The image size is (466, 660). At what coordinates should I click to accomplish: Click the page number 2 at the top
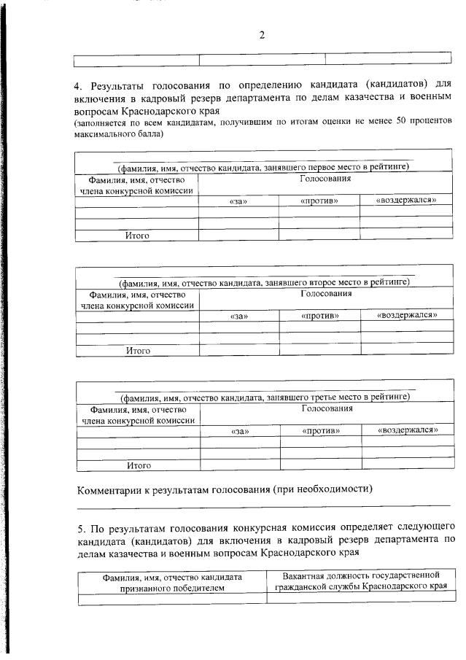tap(262, 36)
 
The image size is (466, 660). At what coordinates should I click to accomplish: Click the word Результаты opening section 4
tap(122, 86)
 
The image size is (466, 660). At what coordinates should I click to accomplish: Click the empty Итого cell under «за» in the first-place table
tap(238, 235)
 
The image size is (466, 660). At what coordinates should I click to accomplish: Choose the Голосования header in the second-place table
tap(326, 293)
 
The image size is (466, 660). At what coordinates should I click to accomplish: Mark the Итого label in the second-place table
tap(138, 350)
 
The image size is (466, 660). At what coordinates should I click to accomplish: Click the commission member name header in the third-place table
tap(139, 414)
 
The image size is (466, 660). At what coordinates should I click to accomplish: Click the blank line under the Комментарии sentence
tap(263, 505)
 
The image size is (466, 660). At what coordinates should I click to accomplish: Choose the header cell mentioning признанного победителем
tap(173, 581)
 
